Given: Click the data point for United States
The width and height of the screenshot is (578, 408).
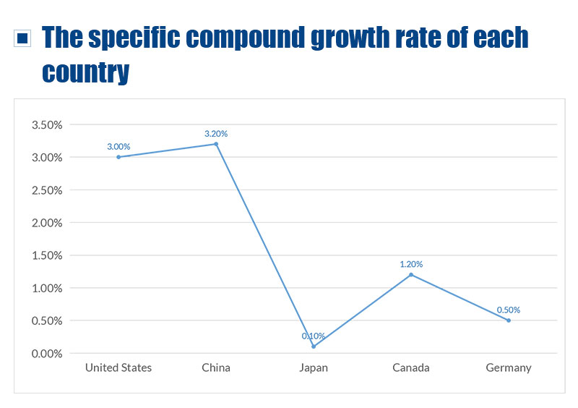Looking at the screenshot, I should coord(118,157).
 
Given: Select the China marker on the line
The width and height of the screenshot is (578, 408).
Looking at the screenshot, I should coord(216,144).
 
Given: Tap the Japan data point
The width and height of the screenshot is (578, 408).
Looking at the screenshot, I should coord(314,347).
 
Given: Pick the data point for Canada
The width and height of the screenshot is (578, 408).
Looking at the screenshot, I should coord(411,275).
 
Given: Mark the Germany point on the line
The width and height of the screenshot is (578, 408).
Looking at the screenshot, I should coord(509,320).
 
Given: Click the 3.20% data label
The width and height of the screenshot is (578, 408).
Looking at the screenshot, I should coord(216,134).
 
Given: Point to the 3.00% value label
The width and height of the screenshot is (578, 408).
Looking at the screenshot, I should coord(118,147).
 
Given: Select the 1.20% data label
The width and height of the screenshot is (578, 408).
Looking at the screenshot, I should coord(411,265).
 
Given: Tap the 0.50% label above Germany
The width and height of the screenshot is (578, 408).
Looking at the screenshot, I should coord(509,310).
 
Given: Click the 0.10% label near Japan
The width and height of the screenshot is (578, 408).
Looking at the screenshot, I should coord(314,336).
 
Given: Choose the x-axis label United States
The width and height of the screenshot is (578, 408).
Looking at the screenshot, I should coord(118,367).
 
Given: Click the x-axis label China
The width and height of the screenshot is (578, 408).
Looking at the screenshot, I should coord(216,367).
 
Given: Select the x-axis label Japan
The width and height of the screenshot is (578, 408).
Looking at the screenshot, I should coord(314,367).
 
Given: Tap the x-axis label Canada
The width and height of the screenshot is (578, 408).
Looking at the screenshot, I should coord(411,367).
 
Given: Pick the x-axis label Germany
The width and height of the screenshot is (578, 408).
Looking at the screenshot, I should coord(509,367).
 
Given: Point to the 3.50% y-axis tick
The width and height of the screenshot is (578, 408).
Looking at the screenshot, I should coord(47,125).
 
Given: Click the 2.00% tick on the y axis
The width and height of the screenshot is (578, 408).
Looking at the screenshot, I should coord(47,223).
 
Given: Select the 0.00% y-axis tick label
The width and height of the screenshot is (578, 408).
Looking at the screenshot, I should coord(47,354).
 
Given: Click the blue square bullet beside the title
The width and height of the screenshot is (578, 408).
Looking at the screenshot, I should coord(23,38).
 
